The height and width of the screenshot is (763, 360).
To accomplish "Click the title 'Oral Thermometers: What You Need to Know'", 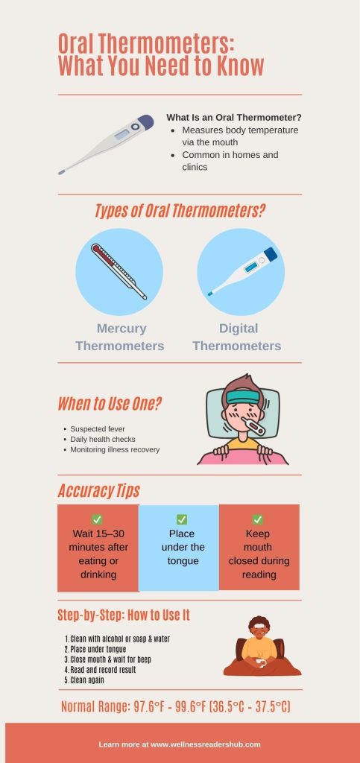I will click(161, 54).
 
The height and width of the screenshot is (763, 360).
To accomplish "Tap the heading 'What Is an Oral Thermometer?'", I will click(233, 118).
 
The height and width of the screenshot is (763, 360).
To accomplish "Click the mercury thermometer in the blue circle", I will click(119, 272).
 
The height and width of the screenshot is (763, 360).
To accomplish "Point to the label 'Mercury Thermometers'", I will click(119, 337).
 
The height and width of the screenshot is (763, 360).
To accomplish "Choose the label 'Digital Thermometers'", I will click(237, 337).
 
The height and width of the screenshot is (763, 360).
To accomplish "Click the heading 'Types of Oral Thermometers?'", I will click(180, 211).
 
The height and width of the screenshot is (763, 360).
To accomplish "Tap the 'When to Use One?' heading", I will click(110, 405).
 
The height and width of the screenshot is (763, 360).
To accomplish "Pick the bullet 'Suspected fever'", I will click(98, 429).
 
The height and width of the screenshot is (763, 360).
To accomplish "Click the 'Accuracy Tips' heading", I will click(98, 491).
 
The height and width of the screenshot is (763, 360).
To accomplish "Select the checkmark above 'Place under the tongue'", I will click(181, 519).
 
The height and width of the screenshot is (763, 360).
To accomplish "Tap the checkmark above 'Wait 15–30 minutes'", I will click(97, 519).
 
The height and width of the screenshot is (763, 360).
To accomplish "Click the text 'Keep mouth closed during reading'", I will click(259, 554).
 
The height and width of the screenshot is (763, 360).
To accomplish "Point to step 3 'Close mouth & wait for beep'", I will click(121, 659).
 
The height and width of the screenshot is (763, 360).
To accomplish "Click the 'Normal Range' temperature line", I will click(175, 706).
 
